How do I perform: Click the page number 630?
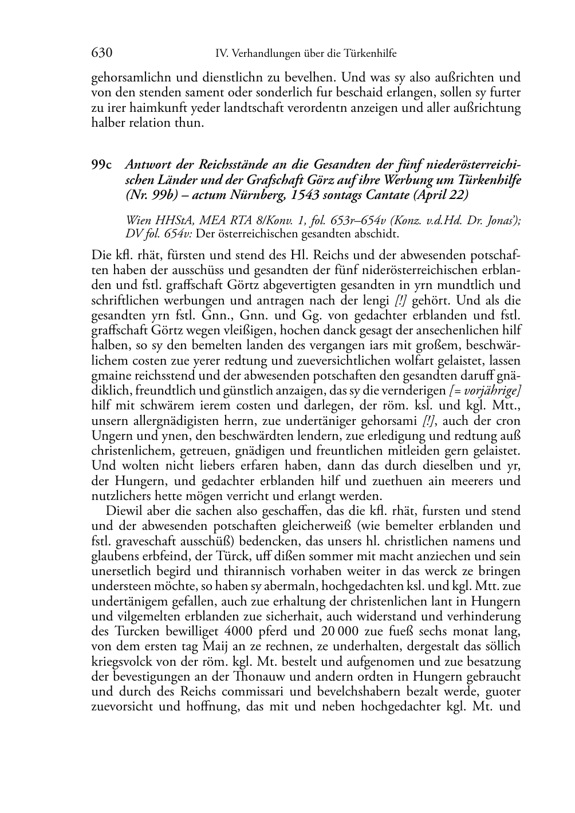[101, 53]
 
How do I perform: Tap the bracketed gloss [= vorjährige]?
[485, 390]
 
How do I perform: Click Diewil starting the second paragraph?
[124, 510]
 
